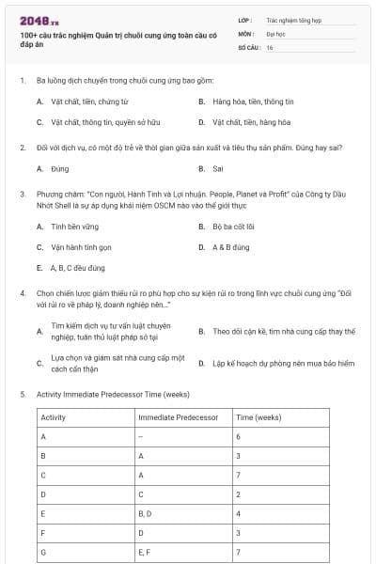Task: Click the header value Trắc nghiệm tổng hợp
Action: (292, 20)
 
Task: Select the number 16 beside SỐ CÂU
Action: (270, 48)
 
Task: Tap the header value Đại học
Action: (274, 34)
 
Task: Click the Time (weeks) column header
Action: (258, 415)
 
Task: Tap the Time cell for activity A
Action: (239, 437)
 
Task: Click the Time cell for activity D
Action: (239, 494)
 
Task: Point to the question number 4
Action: (23, 292)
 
